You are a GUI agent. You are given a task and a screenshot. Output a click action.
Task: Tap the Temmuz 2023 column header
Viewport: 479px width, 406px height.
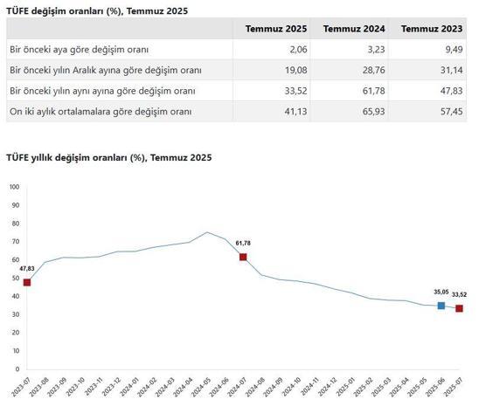(430, 29)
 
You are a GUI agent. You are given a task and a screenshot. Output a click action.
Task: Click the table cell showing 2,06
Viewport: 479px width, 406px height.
(292, 49)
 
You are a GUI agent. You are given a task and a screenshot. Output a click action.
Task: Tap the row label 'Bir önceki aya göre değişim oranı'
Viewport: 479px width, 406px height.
(78, 49)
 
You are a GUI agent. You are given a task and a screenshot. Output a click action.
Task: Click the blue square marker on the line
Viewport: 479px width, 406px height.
(441, 306)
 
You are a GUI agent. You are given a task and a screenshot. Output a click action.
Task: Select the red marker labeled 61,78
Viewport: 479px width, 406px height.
(243, 257)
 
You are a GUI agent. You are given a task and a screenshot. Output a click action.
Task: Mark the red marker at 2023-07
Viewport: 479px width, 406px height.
(27, 282)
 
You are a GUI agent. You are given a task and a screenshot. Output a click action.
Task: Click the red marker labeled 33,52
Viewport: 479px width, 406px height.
(459, 308)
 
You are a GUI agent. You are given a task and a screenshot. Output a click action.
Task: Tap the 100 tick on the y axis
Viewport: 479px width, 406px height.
(13, 187)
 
